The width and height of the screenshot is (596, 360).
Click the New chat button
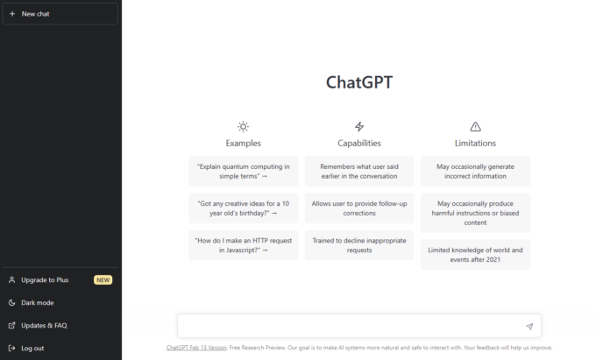[60, 14]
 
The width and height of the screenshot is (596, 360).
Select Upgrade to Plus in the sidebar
[44, 280]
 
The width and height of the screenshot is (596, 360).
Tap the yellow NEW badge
[103, 280]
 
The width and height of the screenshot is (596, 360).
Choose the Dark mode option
[38, 303]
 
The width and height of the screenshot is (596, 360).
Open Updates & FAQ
[44, 326]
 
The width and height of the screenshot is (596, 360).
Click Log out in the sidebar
[32, 349]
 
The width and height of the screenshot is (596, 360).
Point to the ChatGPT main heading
[359, 82]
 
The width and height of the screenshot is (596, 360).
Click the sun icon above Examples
[243, 127]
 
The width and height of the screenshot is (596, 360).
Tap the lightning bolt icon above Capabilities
[359, 127]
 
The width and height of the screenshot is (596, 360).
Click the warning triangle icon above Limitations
[475, 127]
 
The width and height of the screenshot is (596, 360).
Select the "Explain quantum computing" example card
[243, 171]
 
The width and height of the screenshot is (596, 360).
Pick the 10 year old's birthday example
[243, 208]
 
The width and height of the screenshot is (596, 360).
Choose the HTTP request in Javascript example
[243, 244]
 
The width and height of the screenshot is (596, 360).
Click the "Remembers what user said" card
[359, 171]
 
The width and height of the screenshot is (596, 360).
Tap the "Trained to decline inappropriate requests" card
[359, 244]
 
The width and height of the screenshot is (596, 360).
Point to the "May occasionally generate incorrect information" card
[475, 171]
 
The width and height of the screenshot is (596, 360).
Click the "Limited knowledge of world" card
[475, 254]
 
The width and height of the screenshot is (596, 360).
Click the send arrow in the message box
[529, 327]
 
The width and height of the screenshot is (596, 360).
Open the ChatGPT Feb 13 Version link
[196, 348]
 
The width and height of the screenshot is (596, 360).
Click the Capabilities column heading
[359, 143]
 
